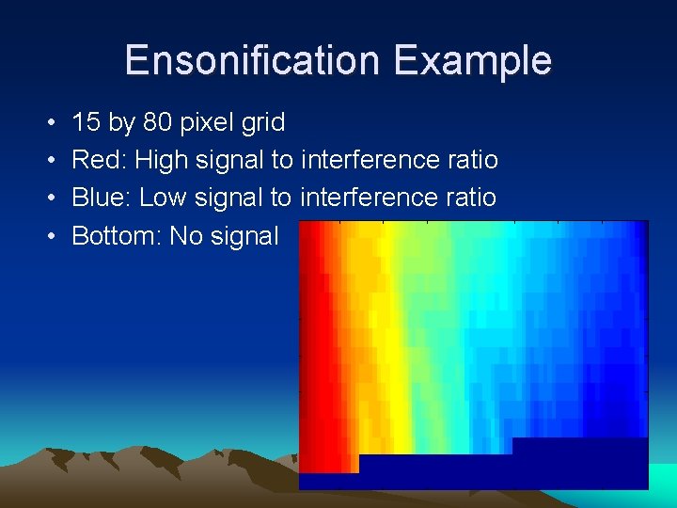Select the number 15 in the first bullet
click(x=87, y=122)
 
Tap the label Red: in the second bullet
click(x=99, y=160)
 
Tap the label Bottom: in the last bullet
click(x=116, y=235)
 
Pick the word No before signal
click(x=186, y=235)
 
